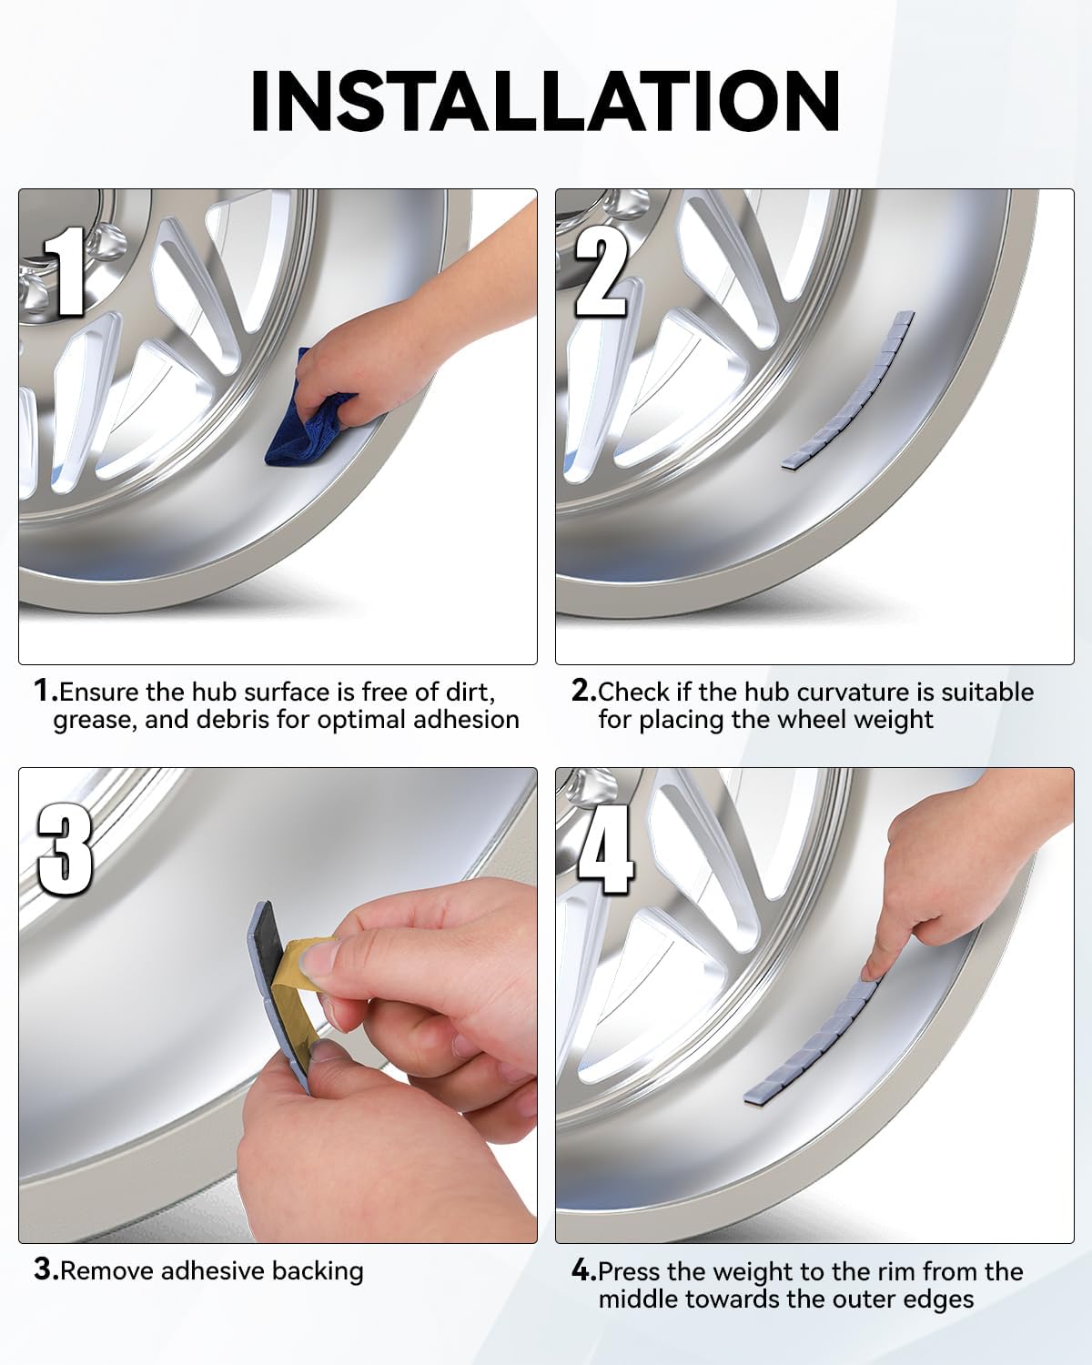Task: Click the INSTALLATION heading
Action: (x=546, y=101)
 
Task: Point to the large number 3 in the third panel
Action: (x=65, y=849)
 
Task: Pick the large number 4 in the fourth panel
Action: (x=605, y=849)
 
